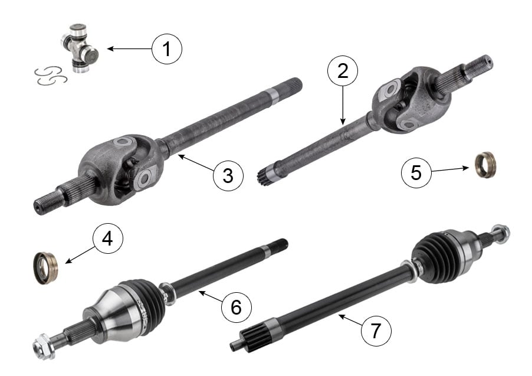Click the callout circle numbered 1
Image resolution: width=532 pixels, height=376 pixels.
click(x=166, y=49)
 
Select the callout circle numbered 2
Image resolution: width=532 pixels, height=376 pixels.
click(x=342, y=71)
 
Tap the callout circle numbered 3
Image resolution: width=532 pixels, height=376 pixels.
click(x=228, y=175)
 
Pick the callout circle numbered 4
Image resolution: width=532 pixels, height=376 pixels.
click(x=107, y=238)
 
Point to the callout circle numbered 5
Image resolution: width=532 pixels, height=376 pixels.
click(x=416, y=172)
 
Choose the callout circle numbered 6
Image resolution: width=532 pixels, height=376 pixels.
click(x=236, y=307)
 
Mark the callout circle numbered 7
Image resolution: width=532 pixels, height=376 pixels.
click(x=376, y=331)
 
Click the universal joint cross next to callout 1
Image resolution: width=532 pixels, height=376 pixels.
click(x=80, y=48)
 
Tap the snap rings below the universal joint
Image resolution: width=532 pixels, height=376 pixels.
click(x=51, y=76)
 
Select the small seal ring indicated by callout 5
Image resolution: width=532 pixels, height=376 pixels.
click(x=485, y=165)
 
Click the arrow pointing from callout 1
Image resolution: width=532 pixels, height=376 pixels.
click(x=129, y=49)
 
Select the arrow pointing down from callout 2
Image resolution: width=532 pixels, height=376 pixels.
click(x=343, y=105)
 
